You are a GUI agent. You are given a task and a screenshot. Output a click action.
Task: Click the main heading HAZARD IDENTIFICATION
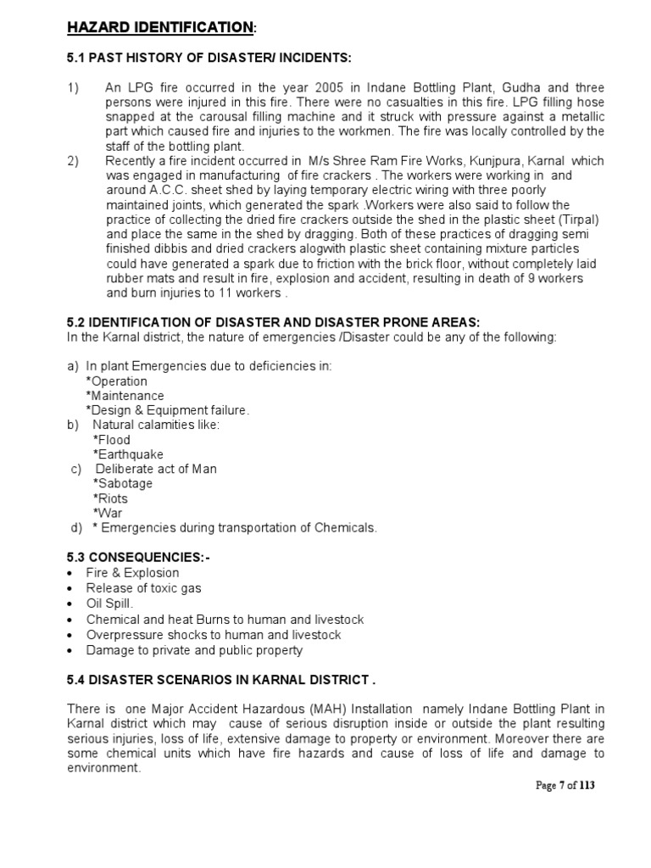[160, 29]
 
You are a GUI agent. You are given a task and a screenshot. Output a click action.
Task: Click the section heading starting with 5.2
[273, 323]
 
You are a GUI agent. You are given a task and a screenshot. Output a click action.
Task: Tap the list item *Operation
[116, 381]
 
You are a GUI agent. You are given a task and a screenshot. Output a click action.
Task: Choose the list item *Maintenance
[125, 396]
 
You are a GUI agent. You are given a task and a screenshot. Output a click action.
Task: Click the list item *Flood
[112, 440]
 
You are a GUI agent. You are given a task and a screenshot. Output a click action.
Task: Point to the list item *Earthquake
[128, 454]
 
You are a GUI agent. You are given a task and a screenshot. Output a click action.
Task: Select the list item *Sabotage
[123, 483]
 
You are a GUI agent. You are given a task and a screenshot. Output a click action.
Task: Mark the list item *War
[108, 513]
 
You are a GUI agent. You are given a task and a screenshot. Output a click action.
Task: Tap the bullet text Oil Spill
[110, 603]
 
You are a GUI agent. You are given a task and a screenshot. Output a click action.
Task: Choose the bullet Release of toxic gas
[143, 587]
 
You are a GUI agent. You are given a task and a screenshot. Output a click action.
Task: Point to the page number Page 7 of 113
[566, 786]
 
